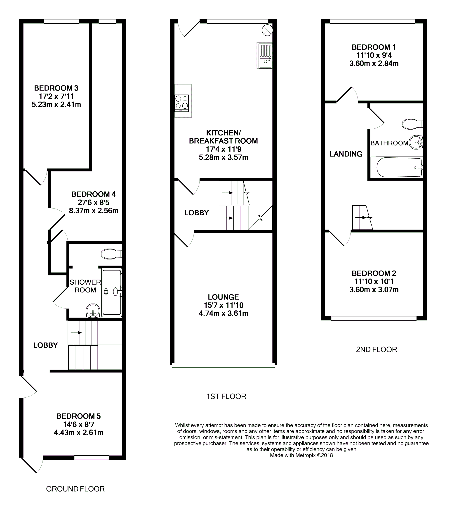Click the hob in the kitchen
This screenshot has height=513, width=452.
(x=182, y=103)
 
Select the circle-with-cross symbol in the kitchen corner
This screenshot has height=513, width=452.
(x=267, y=30)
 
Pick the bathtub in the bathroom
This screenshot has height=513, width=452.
(x=399, y=167)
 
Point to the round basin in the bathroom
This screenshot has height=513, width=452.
(x=416, y=142)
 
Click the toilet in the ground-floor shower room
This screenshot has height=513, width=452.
(x=111, y=254)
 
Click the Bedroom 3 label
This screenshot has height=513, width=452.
(x=56, y=88)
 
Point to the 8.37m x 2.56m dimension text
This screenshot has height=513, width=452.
(x=94, y=211)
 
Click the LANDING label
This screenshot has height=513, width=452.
(x=346, y=154)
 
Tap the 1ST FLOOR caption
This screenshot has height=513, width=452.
(x=226, y=396)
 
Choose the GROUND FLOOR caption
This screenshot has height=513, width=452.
(x=75, y=489)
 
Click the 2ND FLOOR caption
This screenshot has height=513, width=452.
(x=376, y=349)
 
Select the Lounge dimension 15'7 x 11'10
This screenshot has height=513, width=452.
(x=223, y=305)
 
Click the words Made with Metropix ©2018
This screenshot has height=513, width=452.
(x=301, y=455)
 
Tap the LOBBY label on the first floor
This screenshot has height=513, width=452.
(x=196, y=213)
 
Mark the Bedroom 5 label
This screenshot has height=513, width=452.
(x=78, y=416)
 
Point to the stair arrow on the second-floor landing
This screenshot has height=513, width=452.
(x=362, y=218)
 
